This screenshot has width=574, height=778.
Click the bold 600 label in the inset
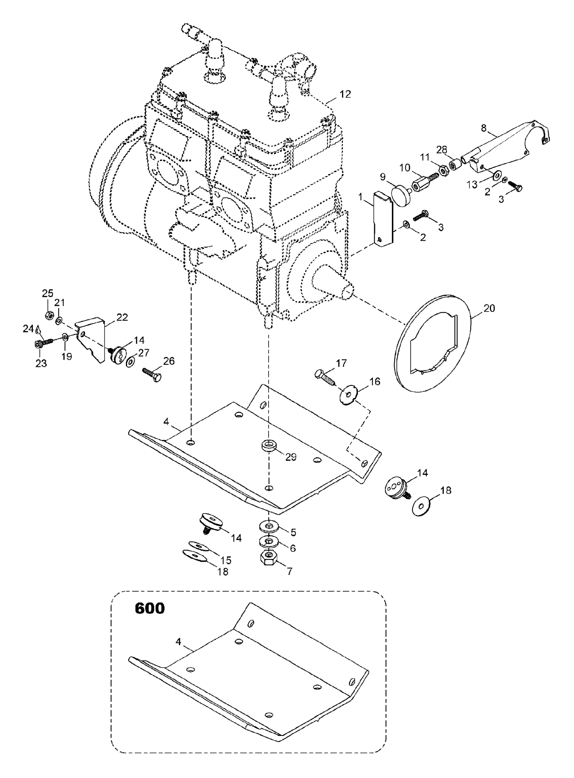[150, 608]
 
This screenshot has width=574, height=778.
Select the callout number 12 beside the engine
[345, 94]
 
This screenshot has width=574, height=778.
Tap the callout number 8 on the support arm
[484, 128]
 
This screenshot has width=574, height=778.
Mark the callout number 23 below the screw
[41, 363]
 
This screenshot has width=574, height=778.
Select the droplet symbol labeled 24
[38, 329]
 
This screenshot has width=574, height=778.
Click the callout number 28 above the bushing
[442, 150]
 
